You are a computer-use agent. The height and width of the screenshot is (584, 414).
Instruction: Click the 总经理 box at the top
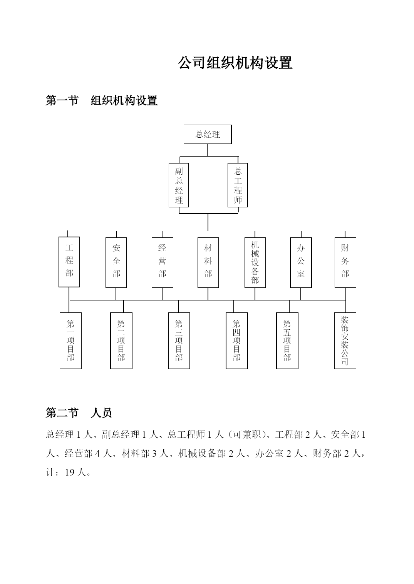208,134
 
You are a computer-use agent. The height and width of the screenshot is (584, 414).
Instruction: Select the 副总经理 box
179,185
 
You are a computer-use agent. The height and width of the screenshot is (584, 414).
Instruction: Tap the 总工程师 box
238,185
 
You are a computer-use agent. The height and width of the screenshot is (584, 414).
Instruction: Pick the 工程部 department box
69,262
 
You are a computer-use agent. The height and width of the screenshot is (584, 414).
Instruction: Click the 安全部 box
116,262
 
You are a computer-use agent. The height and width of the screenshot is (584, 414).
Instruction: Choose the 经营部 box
163,262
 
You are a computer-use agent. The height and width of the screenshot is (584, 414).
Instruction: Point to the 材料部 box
208,262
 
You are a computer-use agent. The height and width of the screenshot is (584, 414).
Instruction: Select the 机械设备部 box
255,262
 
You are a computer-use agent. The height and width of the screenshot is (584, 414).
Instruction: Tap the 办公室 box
301,262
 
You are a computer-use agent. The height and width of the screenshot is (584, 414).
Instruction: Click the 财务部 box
345,262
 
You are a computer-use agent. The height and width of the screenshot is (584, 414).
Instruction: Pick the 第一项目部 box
70,340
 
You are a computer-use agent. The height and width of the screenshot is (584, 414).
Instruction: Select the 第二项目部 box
121,340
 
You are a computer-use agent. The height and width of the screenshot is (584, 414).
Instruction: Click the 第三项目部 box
179,340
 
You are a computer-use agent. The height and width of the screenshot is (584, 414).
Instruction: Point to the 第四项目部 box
237,340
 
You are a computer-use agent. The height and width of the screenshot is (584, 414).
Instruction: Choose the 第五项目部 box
287,340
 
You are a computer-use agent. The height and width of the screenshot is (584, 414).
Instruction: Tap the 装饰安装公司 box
345,340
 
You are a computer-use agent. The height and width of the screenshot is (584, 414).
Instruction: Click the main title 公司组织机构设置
235,63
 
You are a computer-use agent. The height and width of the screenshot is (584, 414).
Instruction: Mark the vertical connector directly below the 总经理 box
208,150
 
